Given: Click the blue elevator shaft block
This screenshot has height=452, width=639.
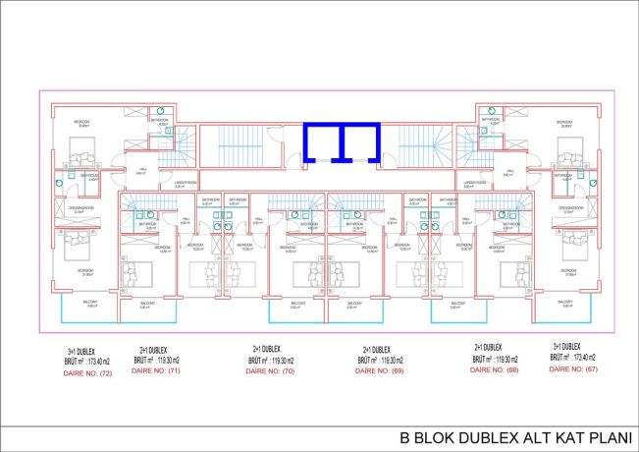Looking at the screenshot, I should pyautogui.click(x=342, y=141).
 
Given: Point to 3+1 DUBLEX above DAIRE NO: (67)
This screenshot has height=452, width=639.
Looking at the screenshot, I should pyautogui.click(x=572, y=347).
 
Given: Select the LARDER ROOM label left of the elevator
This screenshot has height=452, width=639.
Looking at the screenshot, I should pyautogui.click(x=186, y=183).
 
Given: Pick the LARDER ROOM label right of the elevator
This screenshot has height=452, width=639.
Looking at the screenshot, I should pyautogui.click(x=475, y=183).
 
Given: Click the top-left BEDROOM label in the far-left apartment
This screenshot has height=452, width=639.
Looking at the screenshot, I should pyautogui.click(x=84, y=122).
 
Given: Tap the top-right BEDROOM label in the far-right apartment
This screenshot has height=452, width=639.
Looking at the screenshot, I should pyautogui.click(x=564, y=122).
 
